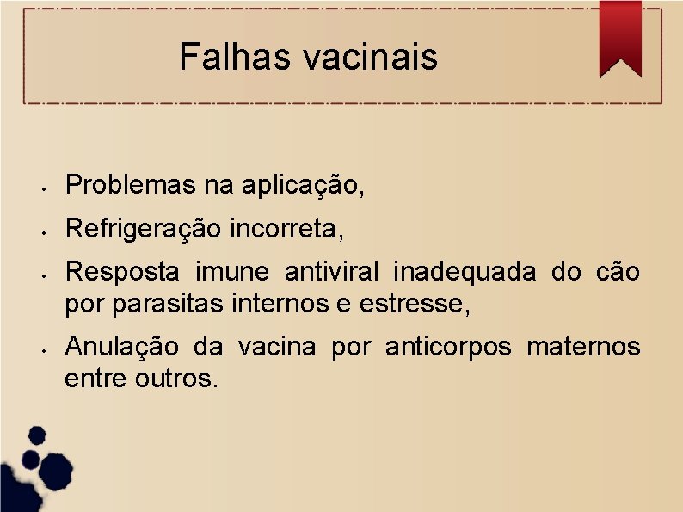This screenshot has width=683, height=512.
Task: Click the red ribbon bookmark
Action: [x=619, y=39]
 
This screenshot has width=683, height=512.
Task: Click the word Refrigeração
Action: [x=145, y=229]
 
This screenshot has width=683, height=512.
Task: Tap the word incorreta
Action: [x=287, y=229]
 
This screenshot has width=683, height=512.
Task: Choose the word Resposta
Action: [x=123, y=272]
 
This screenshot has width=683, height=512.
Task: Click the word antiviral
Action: [x=332, y=272]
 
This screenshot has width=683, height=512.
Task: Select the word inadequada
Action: [x=465, y=272]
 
